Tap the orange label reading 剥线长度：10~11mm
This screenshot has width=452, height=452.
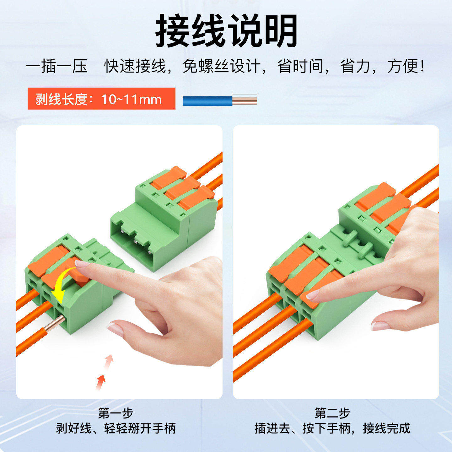(101, 99)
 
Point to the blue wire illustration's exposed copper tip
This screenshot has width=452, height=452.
(245, 101)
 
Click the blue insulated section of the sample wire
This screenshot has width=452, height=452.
(207, 101)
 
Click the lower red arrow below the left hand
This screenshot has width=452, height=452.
(100, 381)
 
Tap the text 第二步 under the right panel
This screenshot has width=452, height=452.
(332, 413)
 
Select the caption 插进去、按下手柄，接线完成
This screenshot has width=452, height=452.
(332, 428)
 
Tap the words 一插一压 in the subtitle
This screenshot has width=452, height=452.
(56, 66)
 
